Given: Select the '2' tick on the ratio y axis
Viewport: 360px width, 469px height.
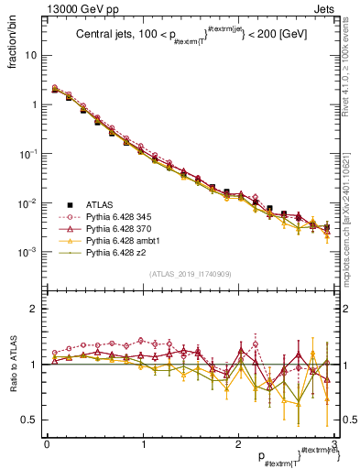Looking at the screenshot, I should click(x=36, y=309).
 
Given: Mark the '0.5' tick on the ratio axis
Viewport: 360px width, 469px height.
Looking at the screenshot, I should click(x=32, y=420).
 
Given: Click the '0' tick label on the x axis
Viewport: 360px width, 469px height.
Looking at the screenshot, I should click(x=47, y=443).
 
